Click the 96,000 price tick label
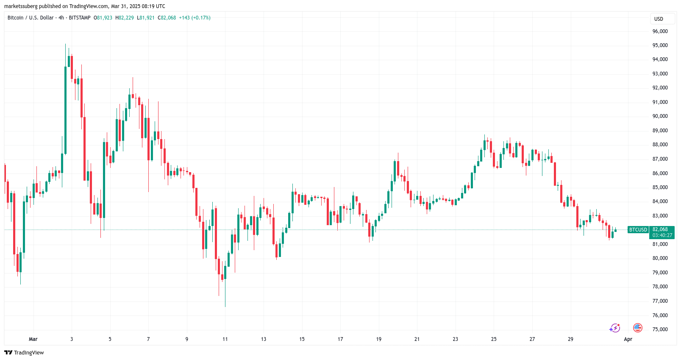660,31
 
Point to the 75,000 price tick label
660,329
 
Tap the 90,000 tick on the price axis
660,116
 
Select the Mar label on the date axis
33,339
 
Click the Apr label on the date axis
628,339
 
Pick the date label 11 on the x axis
225,339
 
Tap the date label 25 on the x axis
494,339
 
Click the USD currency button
659,19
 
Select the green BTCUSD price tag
638,230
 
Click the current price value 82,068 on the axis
660,229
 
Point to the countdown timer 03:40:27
662,235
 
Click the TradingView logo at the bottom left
24,353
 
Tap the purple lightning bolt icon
614,328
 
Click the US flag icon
637,328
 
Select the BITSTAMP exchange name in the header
80,18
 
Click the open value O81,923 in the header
103,18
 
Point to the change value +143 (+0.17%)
195,18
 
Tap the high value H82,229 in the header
125,18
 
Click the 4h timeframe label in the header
61,18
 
